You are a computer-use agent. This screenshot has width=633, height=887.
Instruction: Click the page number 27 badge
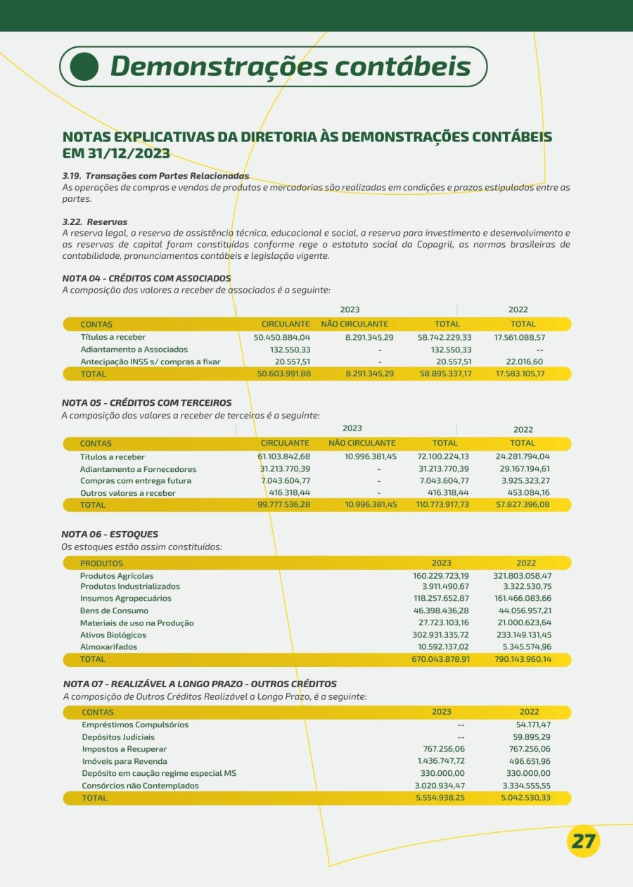(x=582, y=841)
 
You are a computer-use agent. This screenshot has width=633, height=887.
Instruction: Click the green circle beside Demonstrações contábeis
(x=84, y=66)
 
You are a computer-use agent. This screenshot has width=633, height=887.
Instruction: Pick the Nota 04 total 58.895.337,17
(x=445, y=374)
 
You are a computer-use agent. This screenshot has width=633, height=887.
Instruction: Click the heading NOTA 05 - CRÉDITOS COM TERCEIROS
(x=146, y=403)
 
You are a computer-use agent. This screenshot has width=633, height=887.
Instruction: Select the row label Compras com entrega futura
(x=136, y=481)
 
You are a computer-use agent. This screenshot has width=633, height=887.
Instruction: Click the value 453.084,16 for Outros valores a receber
(x=524, y=493)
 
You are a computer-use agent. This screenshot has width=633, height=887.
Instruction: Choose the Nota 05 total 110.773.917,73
(x=442, y=505)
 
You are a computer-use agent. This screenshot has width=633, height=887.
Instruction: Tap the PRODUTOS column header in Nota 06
(x=101, y=563)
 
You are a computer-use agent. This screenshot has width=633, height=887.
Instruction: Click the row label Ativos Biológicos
(x=113, y=635)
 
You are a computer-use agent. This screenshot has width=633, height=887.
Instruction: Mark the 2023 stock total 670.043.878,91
(x=440, y=660)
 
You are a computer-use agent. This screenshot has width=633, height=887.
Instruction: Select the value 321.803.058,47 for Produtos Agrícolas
(x=522, y=576)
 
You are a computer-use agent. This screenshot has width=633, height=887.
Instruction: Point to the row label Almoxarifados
(x=108, y=647)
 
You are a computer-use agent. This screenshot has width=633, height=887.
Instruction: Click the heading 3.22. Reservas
(x=94, y=222)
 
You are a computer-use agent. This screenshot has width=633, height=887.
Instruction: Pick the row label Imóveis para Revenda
(x=124, y=762)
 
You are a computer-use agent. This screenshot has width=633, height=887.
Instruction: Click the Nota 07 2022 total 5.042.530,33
(x=526, y=798)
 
